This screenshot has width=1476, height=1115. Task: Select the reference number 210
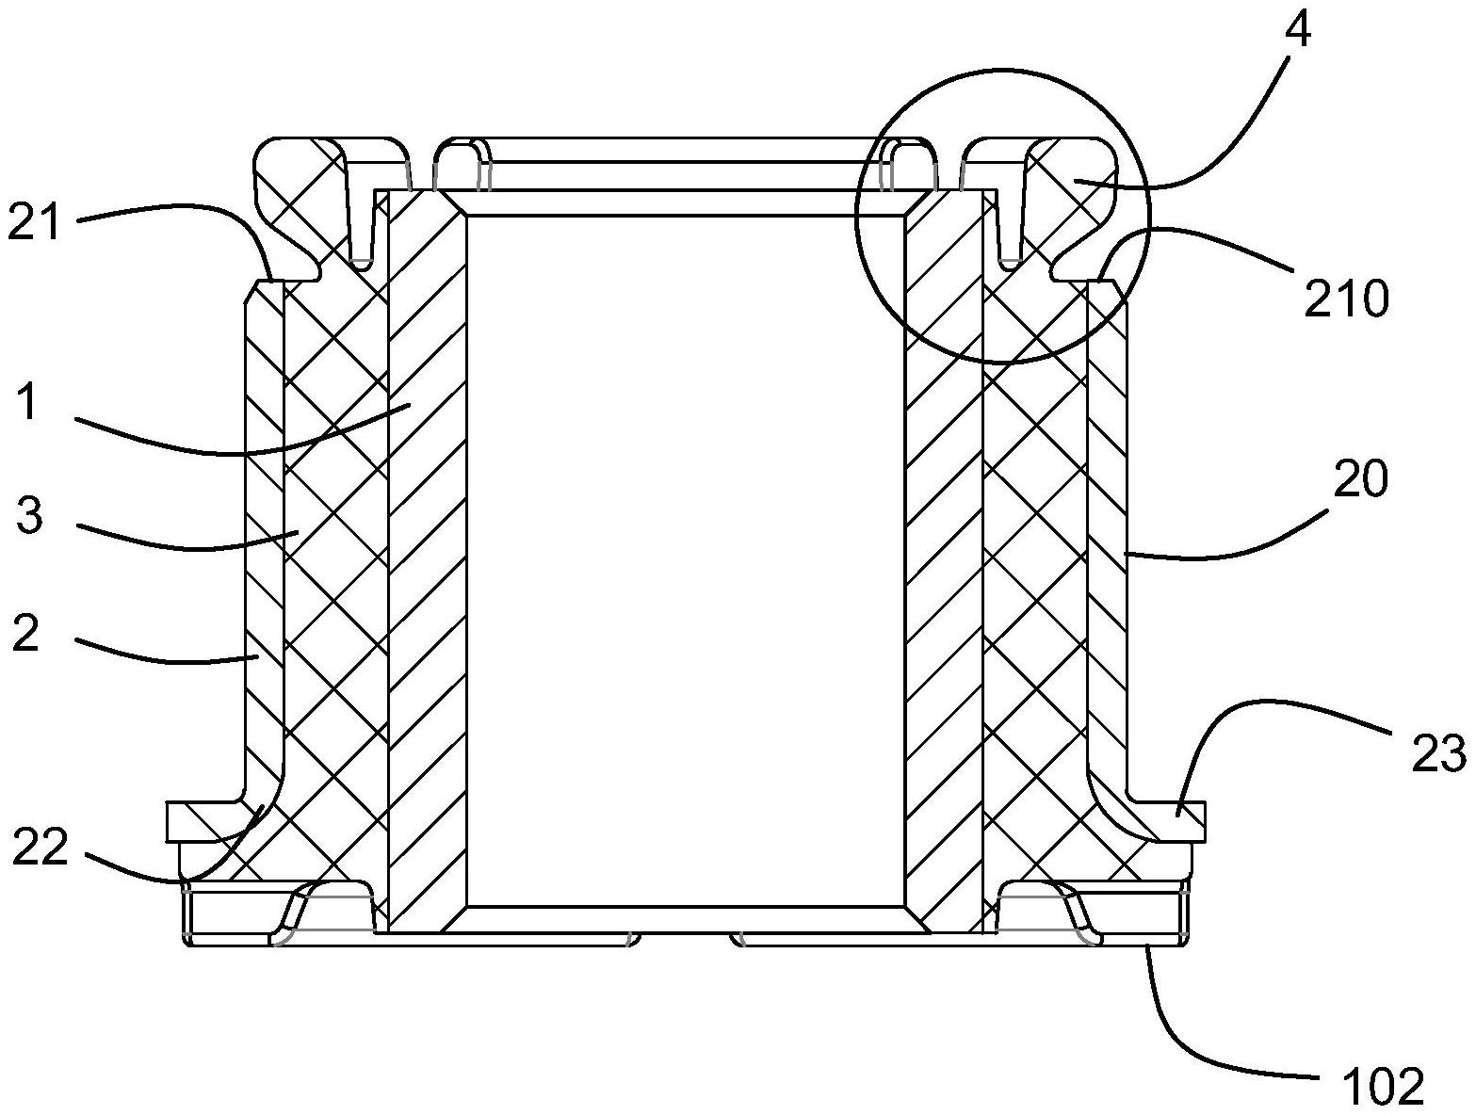point(1346,299)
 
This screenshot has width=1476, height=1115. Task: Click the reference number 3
point(30,516)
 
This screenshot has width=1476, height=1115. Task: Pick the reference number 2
point(26,634)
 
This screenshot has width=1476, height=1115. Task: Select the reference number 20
point(1361,480)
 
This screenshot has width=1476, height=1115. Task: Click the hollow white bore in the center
point(685,556)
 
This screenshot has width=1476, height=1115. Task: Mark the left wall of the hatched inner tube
point(427,556)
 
